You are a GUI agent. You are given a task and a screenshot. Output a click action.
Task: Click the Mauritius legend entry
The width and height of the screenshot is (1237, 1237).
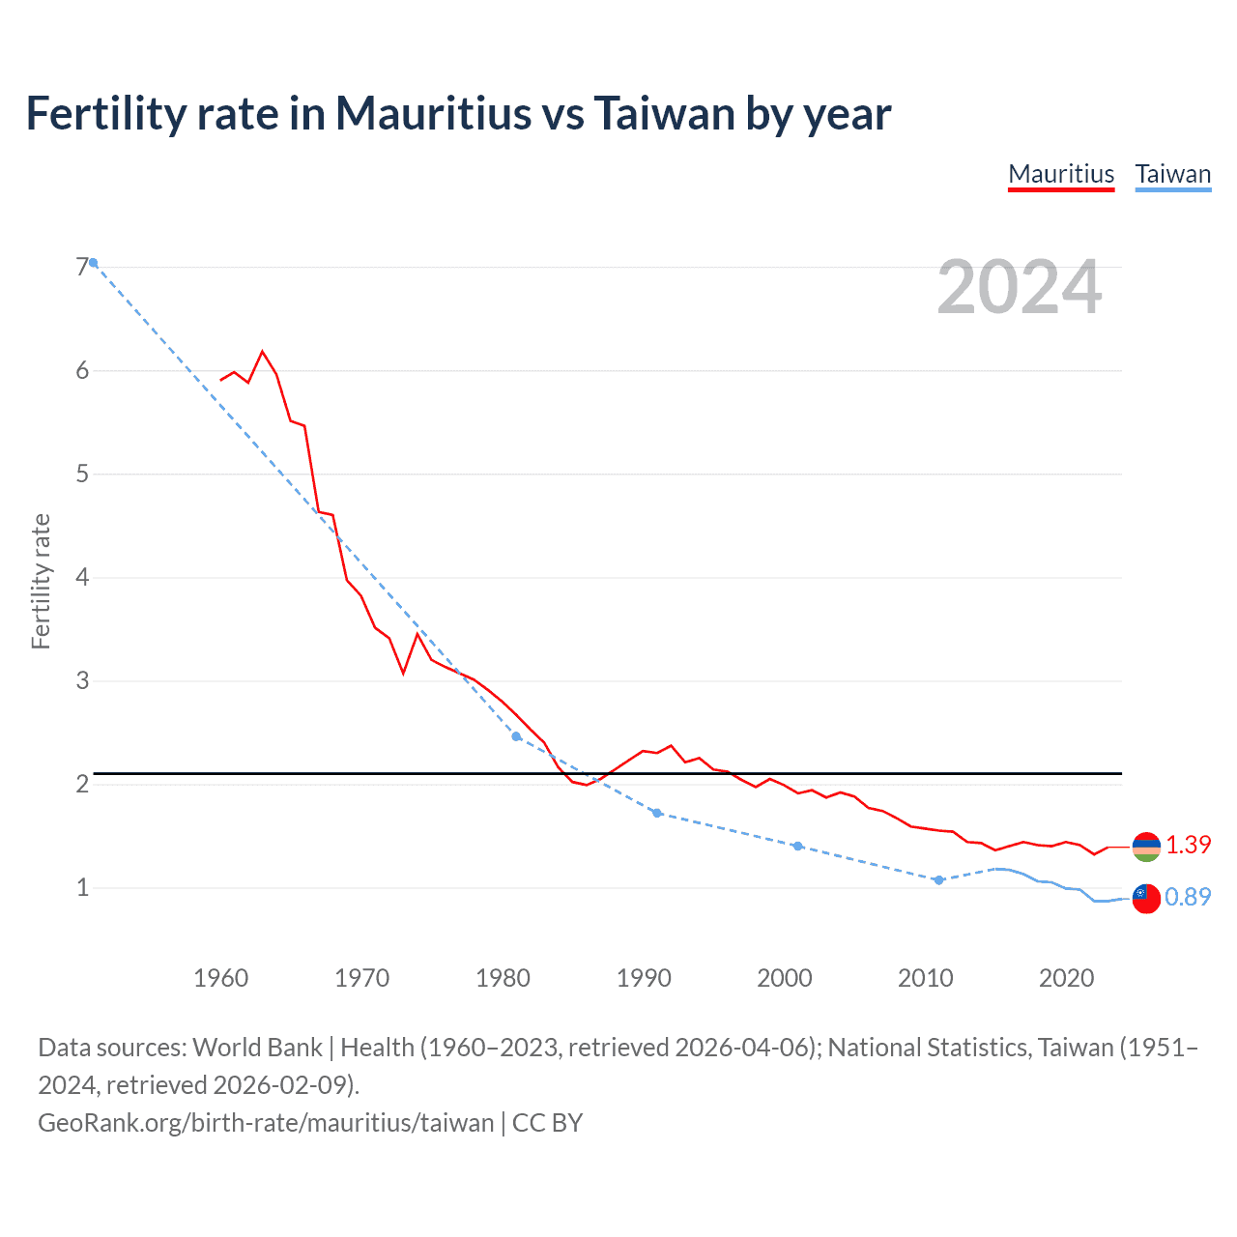pyautogui.click(x=1061, y=174)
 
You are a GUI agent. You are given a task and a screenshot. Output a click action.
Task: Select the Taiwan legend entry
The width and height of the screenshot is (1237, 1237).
pyautogui.click(x=1172, y=174)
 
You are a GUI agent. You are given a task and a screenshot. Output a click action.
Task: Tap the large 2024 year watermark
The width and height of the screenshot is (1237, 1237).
pyautogui.click(x=1019, y=287)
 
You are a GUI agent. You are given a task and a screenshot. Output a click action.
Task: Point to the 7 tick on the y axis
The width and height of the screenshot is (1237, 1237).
pyautogui.click(x=82, y=267)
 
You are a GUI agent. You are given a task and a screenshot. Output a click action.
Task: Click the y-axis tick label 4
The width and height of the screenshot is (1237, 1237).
pyautogui.click(x=82, y=577)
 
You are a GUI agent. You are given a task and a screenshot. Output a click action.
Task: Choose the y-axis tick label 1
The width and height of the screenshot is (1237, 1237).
pyautogui.click(x=82, y=887)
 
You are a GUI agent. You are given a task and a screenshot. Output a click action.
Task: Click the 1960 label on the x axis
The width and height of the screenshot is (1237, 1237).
pyautogui.click(x=221, y=978)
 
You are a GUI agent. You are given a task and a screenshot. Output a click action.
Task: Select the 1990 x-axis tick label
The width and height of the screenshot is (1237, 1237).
pyautogui.click(x=644, y=978)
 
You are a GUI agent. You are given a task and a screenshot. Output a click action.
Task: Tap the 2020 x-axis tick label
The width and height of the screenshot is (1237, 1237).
pyautogui.click(x=1066, y=978)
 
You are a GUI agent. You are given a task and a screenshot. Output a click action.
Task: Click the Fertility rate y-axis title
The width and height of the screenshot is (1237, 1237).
pyautogui.click(x=41, y=581)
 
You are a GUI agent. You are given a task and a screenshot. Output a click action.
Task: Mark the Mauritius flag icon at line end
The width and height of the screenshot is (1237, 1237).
pyautogui.click(x=1146, y=847)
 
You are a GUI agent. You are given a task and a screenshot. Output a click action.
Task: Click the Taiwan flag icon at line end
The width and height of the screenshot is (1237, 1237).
pyautogui.click(x=1146, y=899)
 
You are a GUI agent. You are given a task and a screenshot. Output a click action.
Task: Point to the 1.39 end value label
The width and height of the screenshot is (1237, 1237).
pyautogui.click(x=1188, y=846)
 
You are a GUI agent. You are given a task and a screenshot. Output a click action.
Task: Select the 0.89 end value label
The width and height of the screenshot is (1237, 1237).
pyautogui.click(x=1188, y=898)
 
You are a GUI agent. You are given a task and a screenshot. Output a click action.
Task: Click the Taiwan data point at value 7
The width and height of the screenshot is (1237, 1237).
pyautogui.click(x=94, y=263)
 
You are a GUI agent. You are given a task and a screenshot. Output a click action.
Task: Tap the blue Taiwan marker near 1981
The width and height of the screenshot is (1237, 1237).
pyautogui.click(x=516, y=736)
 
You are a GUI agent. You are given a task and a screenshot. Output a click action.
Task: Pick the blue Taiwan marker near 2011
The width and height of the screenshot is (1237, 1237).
pyautogui.click(x=938, y=880)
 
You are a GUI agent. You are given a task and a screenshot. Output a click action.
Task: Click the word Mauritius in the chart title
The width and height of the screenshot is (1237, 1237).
pyautogui.click(x=433, y=114)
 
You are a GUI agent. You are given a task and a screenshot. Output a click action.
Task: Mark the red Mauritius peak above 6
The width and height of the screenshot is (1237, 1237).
pyautogui.click(x=263, y=352)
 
